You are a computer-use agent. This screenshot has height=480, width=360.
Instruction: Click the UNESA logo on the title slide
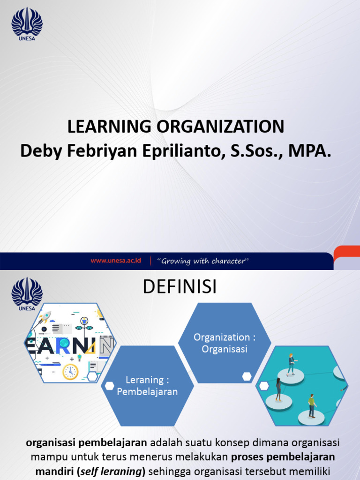(27, 23)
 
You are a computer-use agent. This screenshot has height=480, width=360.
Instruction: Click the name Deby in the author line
(39, 151)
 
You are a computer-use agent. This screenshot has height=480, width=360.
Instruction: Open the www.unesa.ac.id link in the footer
(116, 261)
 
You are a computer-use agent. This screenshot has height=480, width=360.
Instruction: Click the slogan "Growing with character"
(203, 261)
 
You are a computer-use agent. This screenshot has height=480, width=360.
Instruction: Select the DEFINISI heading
(180, 287)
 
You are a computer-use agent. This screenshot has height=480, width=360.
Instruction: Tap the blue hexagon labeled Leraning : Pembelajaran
(147, 386)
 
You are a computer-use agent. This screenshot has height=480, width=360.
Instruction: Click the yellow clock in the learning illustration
(70, 372)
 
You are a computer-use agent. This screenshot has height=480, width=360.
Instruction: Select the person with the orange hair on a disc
(291, 364)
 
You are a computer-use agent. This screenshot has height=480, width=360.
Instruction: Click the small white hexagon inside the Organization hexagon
(247, 376)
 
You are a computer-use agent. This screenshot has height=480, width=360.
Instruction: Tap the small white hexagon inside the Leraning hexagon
(110, 385)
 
